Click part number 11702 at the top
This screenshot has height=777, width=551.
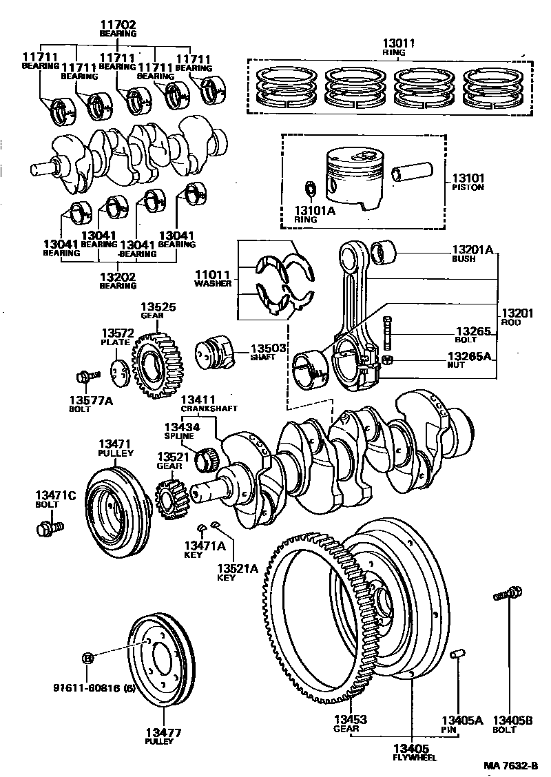[118, 23]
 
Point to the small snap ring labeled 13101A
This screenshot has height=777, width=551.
[311, 188]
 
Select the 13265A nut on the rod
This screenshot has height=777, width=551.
[388, 360]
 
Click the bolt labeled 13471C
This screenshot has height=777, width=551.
[47, 528]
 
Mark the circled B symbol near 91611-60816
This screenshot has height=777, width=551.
[87, 659]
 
